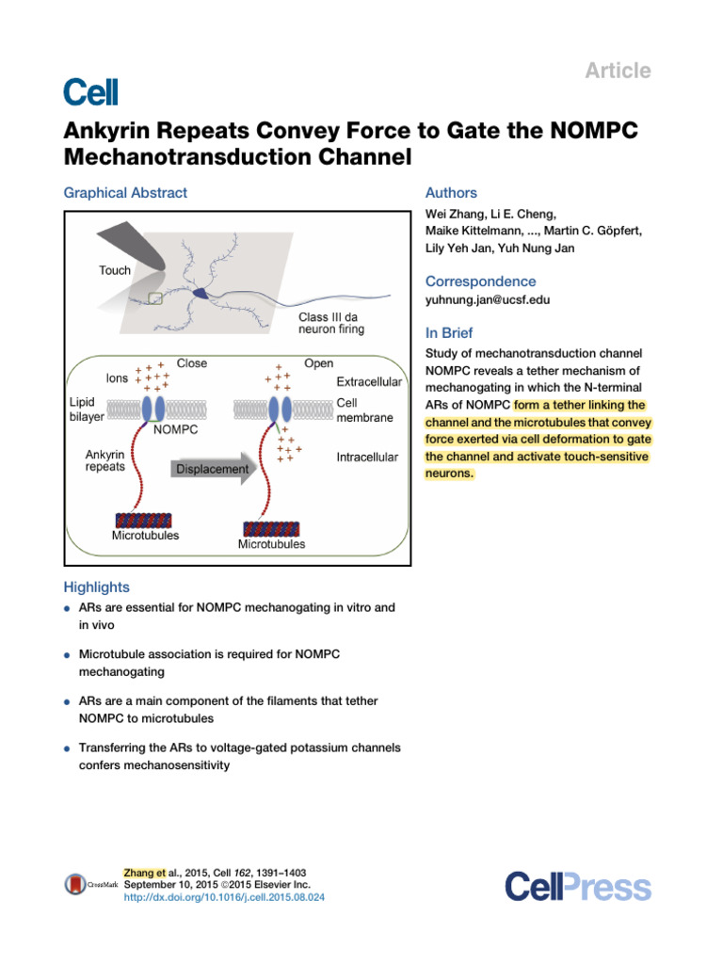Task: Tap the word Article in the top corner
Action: pos(619,71)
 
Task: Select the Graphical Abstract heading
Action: pos(125,193)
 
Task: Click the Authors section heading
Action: pos(451,193)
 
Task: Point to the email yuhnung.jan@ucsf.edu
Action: pos(488,300)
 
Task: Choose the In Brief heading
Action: pos(449,333)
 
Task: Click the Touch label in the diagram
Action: pos(115,270)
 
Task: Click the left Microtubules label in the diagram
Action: pos(146,536)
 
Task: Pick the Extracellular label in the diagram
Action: pos(369,383)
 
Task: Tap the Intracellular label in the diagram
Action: pos(367,458)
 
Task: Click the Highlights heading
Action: pos(96,587)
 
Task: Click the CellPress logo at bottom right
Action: pos(577,886)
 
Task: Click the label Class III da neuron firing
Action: pos(331,323)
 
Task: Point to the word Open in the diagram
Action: pos(318,363)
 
